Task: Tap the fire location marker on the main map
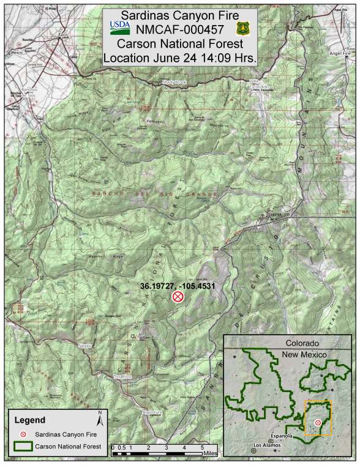point(178,297)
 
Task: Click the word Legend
point(30,420)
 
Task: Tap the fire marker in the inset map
point(318,422)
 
